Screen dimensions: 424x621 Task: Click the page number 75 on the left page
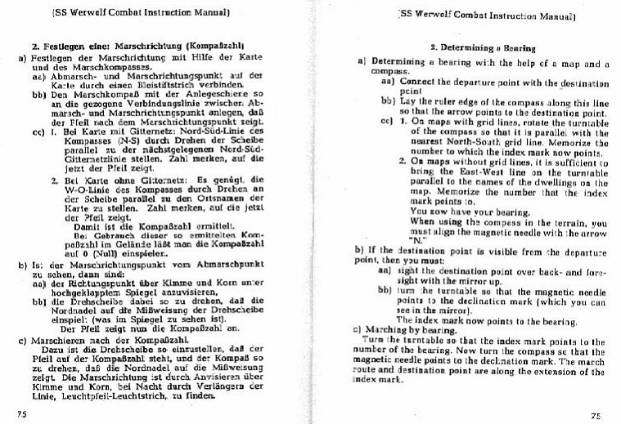pos(22,413)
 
